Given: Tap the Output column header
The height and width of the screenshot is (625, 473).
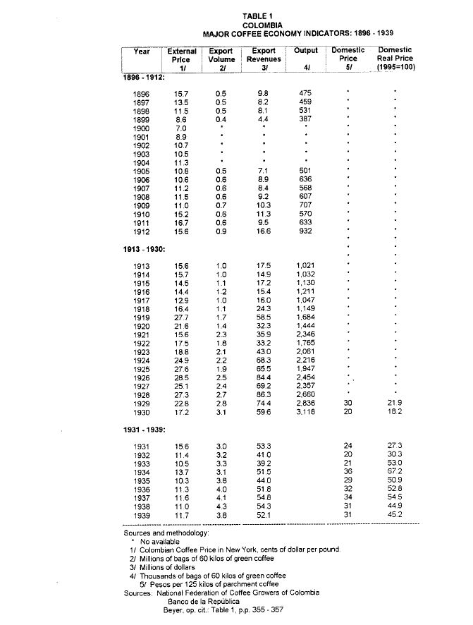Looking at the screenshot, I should [305, 51].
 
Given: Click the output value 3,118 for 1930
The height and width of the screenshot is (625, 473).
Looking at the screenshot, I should [305, 411].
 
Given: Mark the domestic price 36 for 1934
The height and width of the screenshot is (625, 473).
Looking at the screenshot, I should [347, 471].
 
